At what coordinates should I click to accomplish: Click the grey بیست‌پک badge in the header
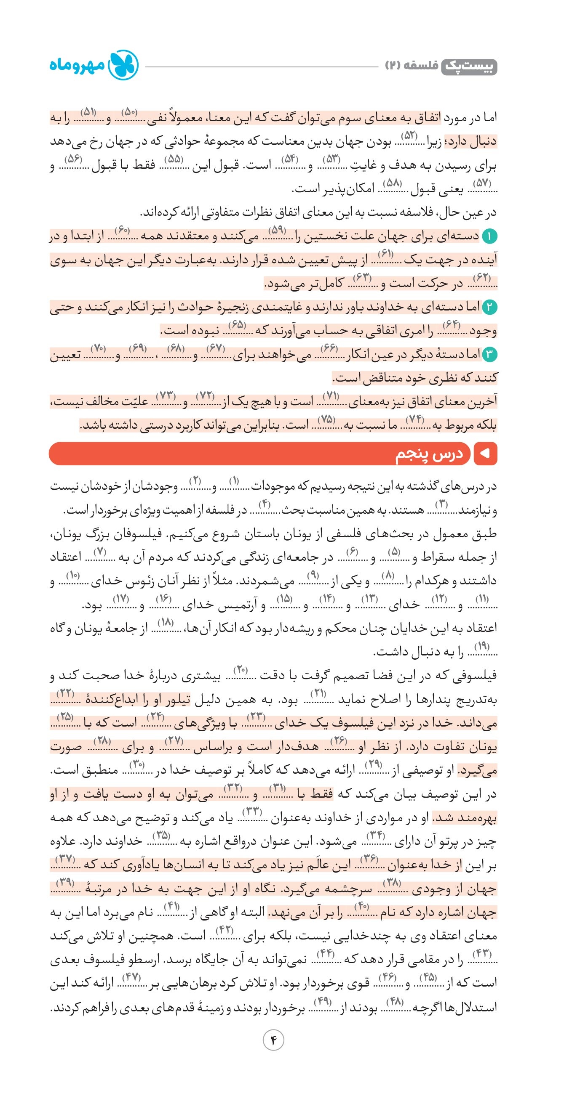[469, 67]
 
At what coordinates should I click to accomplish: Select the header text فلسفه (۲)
[412, 66]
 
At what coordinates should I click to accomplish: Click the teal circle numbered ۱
[489, 236]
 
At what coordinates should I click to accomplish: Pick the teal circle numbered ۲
[489, 307]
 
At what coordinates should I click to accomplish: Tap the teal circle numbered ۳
[489, 354]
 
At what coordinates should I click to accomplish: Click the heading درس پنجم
[429, 454]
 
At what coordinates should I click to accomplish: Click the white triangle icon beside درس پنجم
[484, 454]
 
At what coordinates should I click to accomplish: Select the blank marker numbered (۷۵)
[326, 419]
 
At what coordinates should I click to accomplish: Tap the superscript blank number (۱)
[234, 481]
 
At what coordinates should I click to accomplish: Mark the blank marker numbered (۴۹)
[322, 1001]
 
